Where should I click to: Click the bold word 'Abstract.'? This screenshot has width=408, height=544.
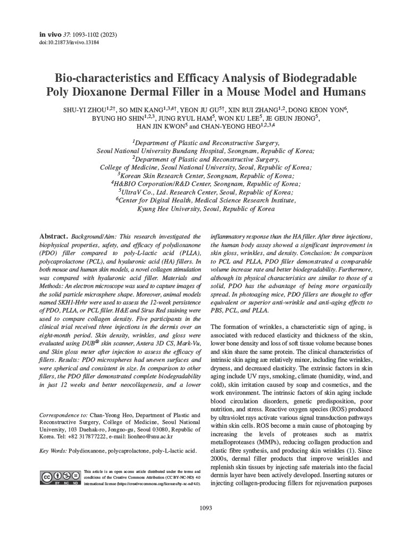click(x=54, y=235)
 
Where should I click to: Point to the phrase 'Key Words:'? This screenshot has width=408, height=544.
click(x=53, y=450)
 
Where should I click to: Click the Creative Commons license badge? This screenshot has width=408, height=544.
click(x=60, y=477)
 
